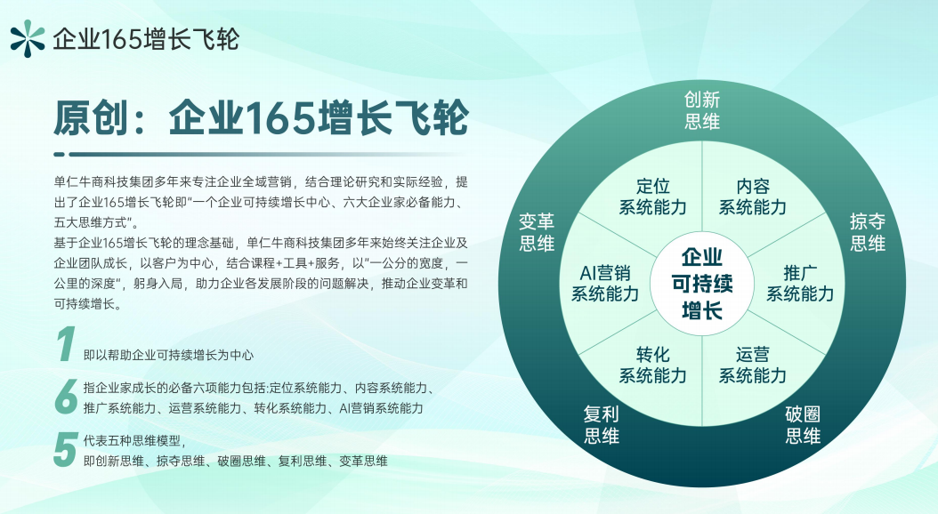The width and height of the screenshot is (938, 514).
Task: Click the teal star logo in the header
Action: click(27, 37)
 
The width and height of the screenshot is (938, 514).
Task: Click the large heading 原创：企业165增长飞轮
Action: click(261, 117)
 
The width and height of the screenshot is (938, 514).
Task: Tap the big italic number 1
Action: click(65, 345)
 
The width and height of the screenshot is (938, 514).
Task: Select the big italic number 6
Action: click(66, 398)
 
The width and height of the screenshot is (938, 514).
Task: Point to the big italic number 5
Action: click(64, 450)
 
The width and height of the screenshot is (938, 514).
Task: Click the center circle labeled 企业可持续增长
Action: click(701, 285)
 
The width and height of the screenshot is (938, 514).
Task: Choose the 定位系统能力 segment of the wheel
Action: click(652, 197)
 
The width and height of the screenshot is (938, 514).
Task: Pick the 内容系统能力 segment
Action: click(752, 197)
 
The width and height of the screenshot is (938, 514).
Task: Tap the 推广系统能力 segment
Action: click(800, 282)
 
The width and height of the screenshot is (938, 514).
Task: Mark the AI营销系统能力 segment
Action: click(604, 282)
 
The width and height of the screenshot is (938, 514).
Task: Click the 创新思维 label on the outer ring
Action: click(701, 110)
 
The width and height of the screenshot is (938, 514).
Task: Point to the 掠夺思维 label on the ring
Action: click(867, 231)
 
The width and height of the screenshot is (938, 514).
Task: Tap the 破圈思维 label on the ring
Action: click(802, 425)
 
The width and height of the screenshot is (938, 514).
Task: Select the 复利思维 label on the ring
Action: click(601, 425)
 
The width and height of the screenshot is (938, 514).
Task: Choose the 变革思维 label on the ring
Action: click(536, 231)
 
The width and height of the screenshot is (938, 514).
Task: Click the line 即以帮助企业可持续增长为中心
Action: click(168, 355)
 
